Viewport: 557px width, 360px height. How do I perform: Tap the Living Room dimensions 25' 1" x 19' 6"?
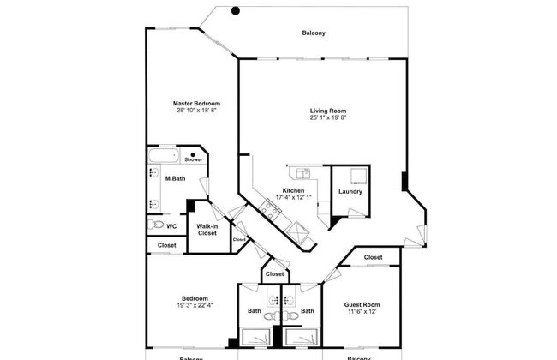pos(334,117)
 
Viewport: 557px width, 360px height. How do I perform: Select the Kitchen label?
pos(293,190)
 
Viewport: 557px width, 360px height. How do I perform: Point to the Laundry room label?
pos(350,191)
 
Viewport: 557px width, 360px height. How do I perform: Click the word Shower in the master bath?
pos(193,159)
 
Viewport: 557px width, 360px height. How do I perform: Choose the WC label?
pos(171,226)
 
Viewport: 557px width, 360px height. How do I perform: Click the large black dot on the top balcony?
pos(236,11)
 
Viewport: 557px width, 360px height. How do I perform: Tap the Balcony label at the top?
pos(314,33)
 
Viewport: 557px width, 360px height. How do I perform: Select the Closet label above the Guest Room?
pos(373,257)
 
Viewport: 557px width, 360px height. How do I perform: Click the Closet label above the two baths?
pos(274,274)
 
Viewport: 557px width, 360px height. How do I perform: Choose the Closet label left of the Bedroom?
pos(166,245)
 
